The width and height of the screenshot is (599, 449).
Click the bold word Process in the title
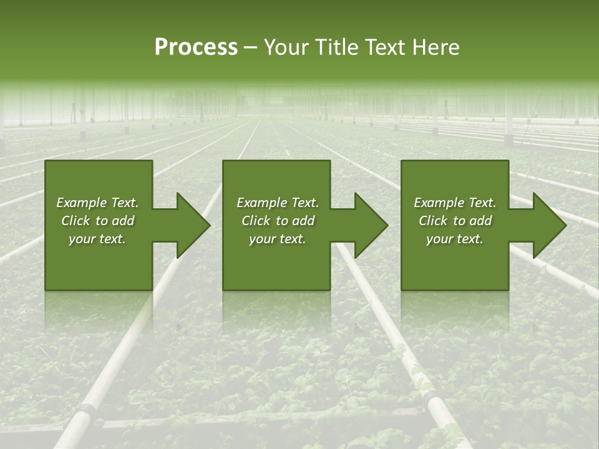pos(196,47)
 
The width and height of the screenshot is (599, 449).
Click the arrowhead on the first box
pos(190,225)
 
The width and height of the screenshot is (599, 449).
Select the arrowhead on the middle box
pos(368,225)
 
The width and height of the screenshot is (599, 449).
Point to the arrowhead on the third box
pos(546,225)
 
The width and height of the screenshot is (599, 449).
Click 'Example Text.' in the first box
pos(97,203)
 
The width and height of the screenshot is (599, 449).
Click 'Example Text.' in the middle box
pos(278,203)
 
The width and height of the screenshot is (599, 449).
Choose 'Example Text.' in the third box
pos(455,203)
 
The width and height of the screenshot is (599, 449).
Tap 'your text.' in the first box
pos(97,239)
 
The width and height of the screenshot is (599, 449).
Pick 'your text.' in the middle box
pos(278,239)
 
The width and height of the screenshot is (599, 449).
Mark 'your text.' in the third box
pos(455,239)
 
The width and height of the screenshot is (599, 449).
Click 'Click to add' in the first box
pos(97,221)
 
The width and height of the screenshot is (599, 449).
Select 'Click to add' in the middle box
pos(278,221)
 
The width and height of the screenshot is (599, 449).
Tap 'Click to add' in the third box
pos(455,221)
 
